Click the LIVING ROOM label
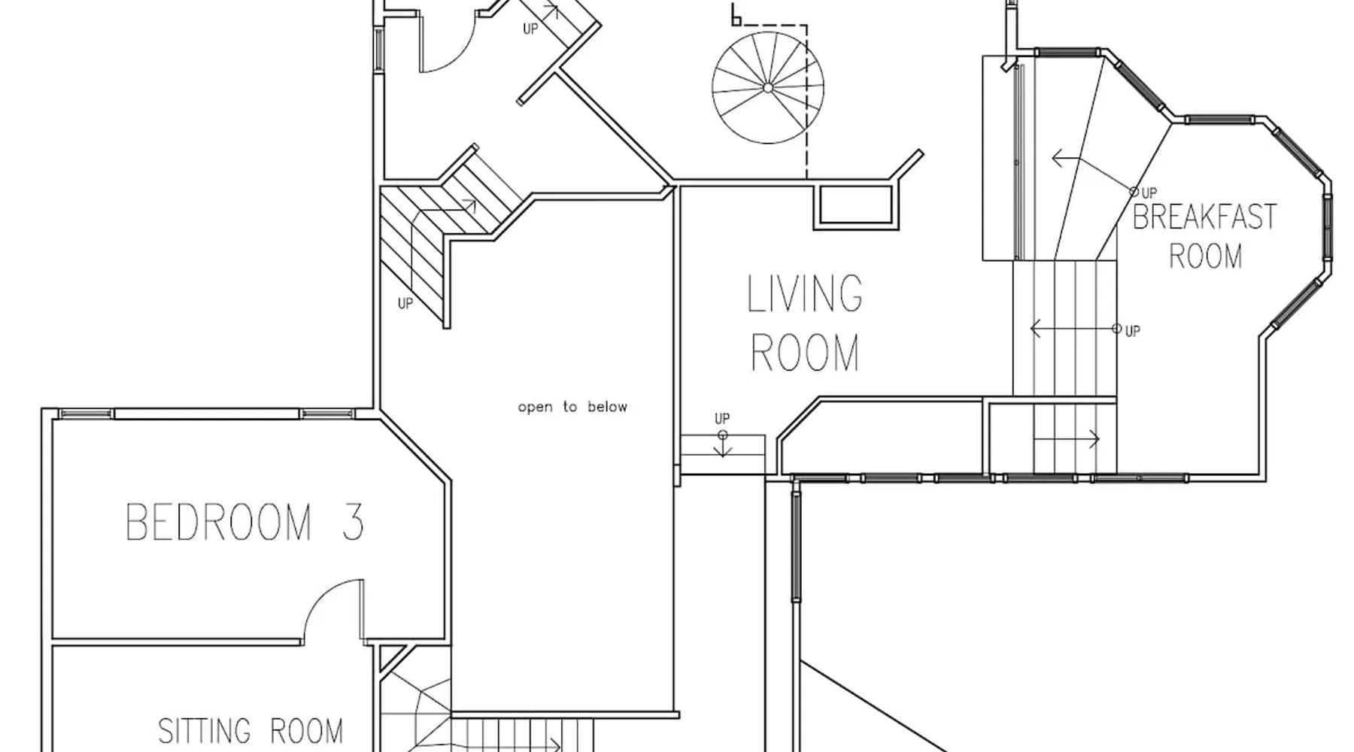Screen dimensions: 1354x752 (x=804, y=323)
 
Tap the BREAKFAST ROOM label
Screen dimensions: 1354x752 (x=1205, y=236)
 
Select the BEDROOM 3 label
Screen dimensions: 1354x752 (x=245, y=522)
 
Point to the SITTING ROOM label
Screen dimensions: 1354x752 (x=250, y=731)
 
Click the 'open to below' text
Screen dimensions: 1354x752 (x=572, y=407)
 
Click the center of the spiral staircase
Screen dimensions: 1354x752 (x=767, y=88)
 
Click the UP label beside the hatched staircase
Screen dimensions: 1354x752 (x=405, y=304)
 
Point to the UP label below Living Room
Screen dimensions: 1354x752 (x=722, y=419)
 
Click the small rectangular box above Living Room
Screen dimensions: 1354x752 (x=855, y=205)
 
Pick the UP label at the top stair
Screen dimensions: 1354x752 (x=531, y=29)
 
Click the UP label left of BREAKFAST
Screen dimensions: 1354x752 (x=1149, y=193)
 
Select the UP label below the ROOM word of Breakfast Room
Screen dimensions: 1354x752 (x=1133, y=331)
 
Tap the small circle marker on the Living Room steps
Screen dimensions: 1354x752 (x=723, y=435)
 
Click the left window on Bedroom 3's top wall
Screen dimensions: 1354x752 (x=85, y=413)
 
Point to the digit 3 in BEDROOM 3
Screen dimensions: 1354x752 (x=353, y=522)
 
